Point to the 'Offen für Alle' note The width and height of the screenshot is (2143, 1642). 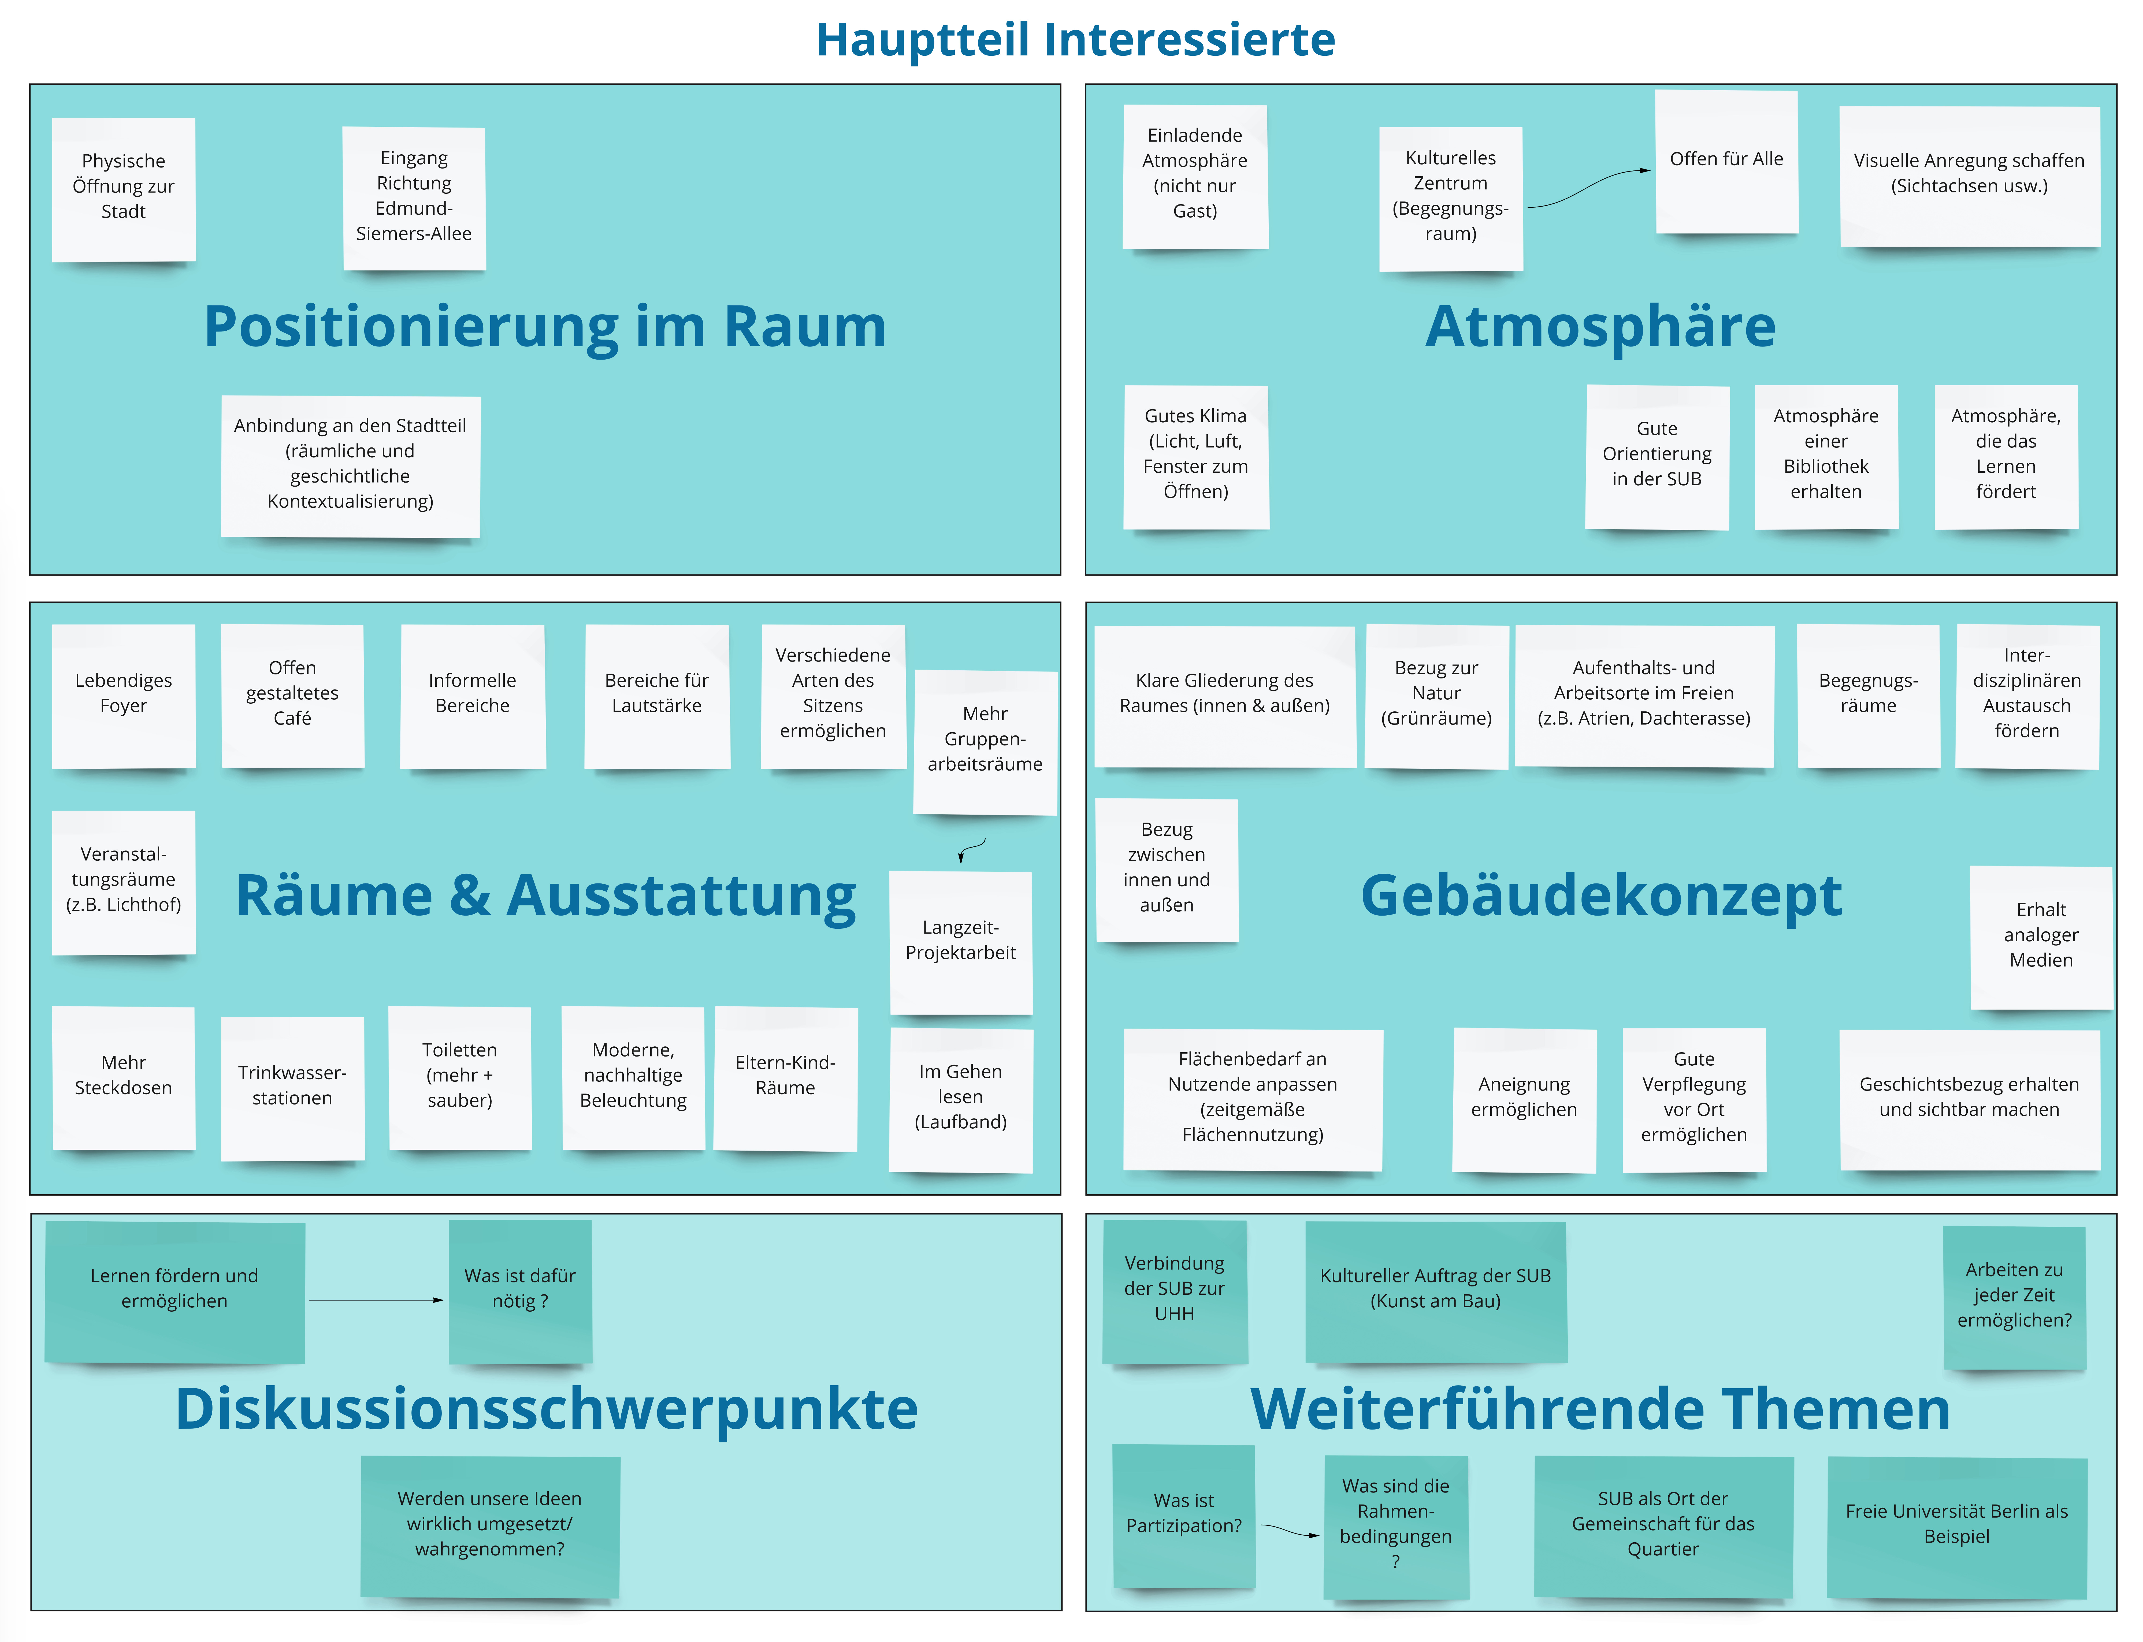coord(1726,161)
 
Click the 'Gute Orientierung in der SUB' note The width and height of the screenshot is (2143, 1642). coord(1657,456)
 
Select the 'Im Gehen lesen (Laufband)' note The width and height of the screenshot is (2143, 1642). coord(961,1100)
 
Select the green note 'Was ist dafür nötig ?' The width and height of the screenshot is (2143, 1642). coord(520,1290)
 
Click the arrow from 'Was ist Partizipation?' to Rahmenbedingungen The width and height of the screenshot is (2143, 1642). coord(1290,1530)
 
